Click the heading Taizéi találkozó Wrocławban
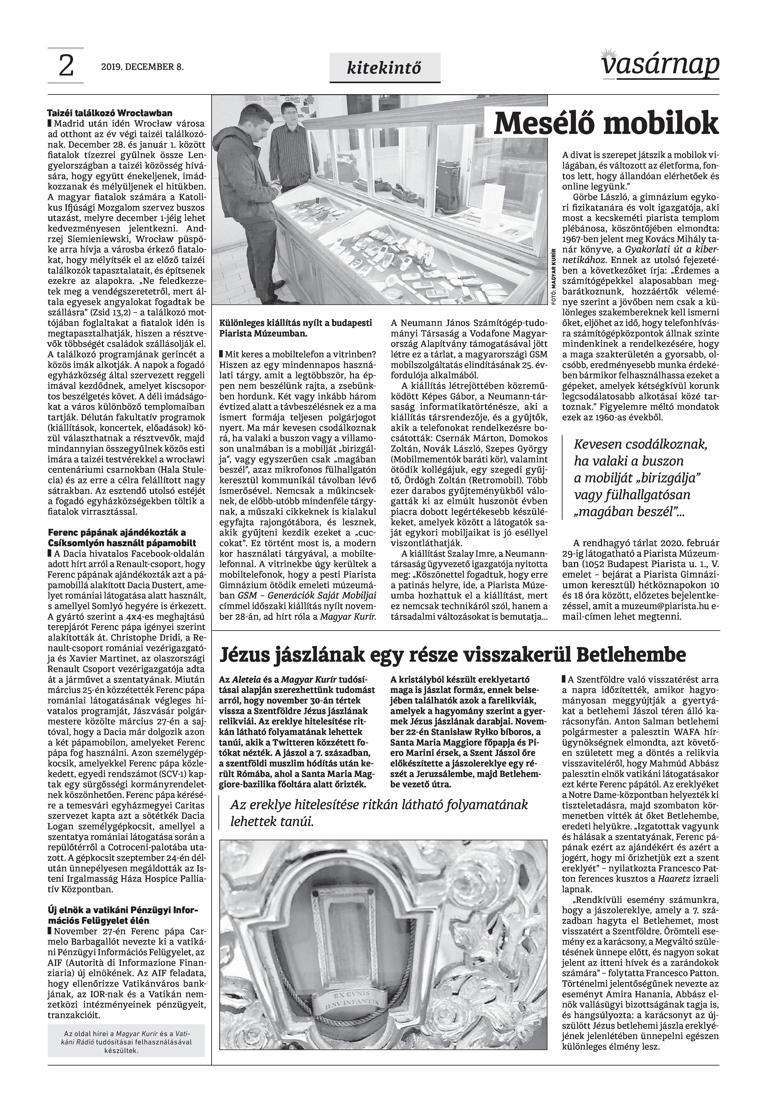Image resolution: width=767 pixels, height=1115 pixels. tap(110, 114)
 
